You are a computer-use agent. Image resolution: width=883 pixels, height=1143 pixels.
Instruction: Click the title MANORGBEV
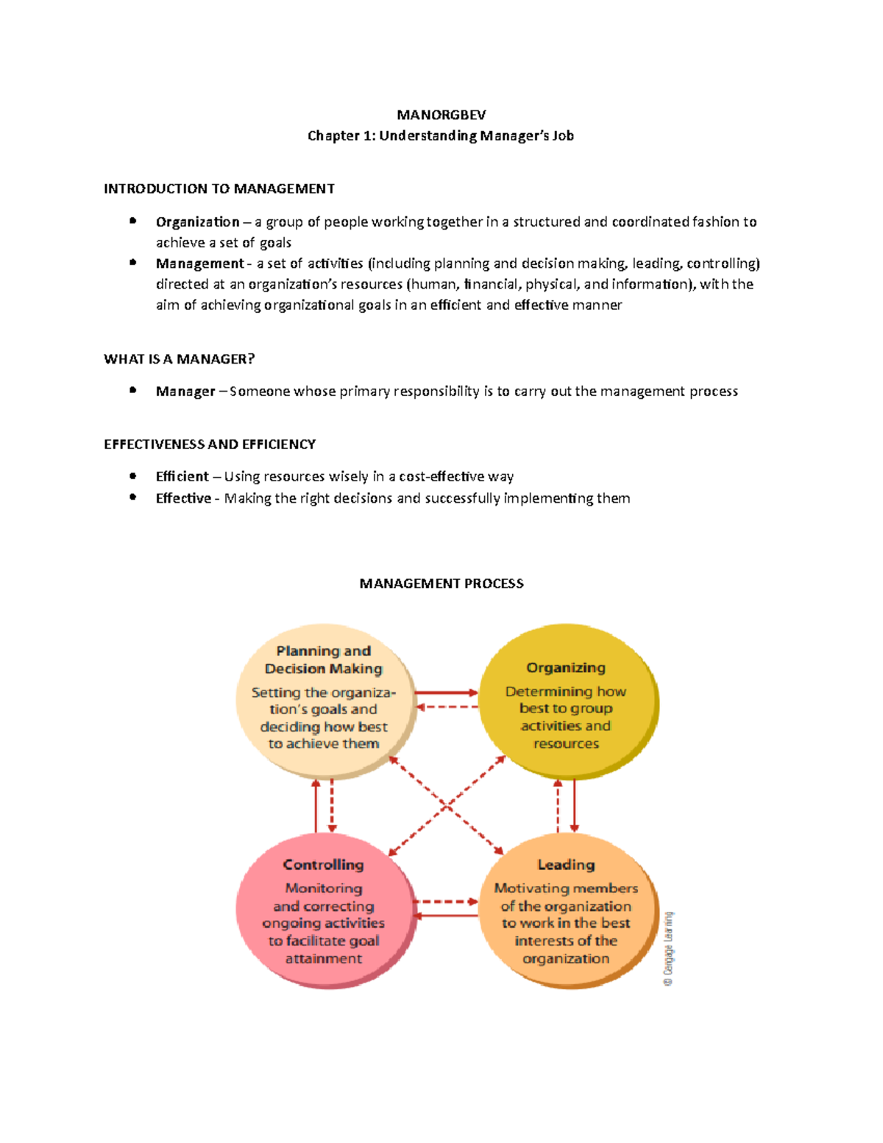click(x=441, y=115)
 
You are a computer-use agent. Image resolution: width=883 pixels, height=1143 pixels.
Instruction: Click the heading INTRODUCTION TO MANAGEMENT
click(x=219, y=189)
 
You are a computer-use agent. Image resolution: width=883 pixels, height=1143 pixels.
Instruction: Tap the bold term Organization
click(x=197, y=222)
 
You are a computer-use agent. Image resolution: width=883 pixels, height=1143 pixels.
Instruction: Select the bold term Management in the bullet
click(x=199, y=263)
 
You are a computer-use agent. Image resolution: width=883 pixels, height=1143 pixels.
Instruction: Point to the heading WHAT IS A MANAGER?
click(x=179, y=359)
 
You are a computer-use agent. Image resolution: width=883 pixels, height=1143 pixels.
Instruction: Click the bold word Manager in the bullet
click(x=185, y=392)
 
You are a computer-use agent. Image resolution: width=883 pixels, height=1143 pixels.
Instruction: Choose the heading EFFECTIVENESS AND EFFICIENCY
click(x=210, y=445)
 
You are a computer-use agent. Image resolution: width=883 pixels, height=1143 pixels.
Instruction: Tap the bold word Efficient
click(x=182, y=477)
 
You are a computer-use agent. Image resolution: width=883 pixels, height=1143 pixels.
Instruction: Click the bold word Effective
click(x=183, y=498)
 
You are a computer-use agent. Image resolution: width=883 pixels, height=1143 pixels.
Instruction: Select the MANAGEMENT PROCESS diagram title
click(x=441, y=584)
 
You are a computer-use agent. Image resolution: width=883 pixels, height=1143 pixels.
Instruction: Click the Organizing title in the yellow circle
click(x=566, y=668)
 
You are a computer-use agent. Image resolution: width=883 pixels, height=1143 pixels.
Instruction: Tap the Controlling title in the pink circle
click(x=323, y=865)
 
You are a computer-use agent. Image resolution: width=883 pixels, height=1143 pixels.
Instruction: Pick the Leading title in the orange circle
click(x=566, y=865)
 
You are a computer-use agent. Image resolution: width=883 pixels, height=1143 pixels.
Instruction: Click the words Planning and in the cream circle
click(x=323, y=651)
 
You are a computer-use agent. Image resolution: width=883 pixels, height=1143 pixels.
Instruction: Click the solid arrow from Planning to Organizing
click(x=447, y=693)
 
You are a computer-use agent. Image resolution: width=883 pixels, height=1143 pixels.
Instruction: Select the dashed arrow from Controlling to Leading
click(x=446, y=902)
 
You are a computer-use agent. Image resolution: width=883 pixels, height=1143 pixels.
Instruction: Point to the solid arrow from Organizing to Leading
click(x=574, y=806)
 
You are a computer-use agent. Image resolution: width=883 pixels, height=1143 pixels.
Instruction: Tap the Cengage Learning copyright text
click(x=668, y=949)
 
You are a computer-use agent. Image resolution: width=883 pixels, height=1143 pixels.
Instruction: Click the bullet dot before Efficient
click(x=133, y=476)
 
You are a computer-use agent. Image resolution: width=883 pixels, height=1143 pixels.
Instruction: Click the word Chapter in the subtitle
click(x=330, y=136)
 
